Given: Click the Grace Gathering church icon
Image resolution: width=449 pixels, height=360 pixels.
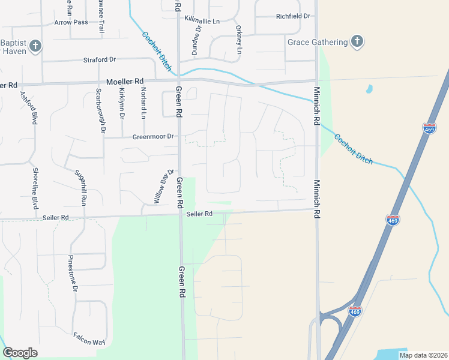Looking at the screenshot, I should click(357, 42).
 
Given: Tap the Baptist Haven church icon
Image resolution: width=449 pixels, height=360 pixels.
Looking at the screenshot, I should click(35, 46).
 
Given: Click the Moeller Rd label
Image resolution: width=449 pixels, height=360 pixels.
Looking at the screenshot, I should click(125, 81).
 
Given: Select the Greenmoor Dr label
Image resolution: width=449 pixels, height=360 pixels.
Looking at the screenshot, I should click(153, 137).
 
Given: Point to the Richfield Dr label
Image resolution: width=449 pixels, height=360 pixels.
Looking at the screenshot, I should click(293, 16).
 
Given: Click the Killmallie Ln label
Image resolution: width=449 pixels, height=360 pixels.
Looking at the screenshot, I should click(202, 20).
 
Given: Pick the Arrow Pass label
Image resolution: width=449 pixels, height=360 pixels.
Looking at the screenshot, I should click(71, 22).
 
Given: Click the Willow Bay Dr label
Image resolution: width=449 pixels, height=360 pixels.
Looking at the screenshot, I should click(163, 186).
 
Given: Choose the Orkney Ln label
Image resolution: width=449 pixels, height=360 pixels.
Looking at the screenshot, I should click(238, 40).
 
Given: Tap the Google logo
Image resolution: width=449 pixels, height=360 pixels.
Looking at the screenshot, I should click(20, 353).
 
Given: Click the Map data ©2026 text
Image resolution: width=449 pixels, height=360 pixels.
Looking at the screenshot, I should click(423, 355).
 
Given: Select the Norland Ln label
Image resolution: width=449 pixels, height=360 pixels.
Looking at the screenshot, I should click(143, 103).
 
